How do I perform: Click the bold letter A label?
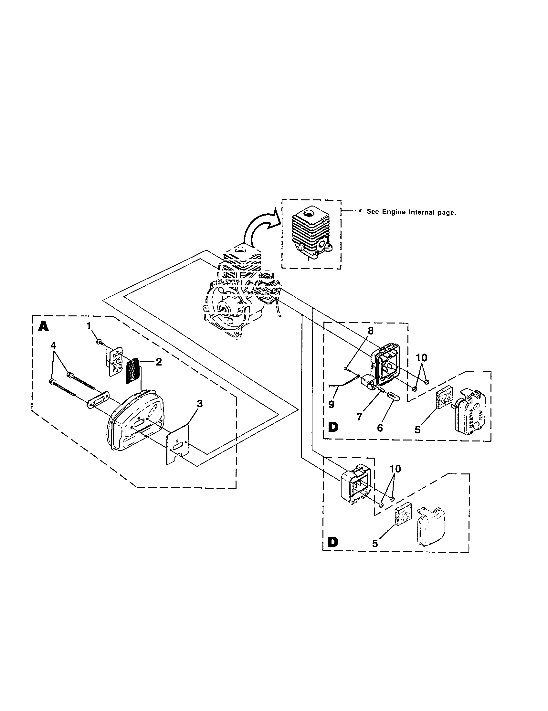pos(43,326)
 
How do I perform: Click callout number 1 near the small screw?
pos(88,325)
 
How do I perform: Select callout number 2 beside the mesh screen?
pos(158,362)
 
